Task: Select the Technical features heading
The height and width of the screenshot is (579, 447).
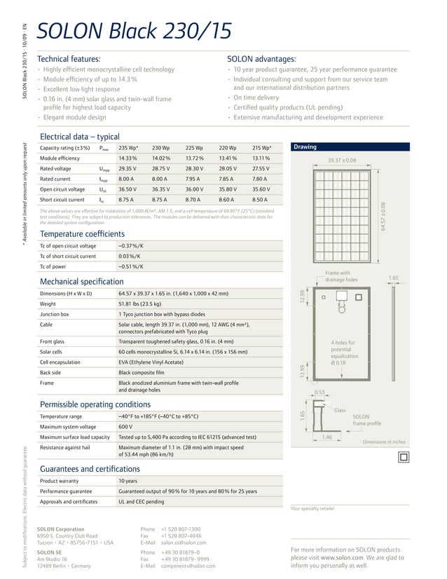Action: pos(68,59)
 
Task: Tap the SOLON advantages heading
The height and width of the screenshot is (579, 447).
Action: pos(261,59)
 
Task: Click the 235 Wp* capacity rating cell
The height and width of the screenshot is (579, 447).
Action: pos(128,148)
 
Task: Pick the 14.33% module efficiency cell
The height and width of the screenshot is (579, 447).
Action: pos(128,158)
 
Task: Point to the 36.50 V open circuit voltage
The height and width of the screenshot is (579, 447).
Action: pos(128,189)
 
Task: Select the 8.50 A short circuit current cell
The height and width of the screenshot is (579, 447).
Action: pos(260,200)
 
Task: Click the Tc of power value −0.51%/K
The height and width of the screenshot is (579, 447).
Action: pos(131,266)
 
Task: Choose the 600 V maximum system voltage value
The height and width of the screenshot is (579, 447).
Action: pos(125,426)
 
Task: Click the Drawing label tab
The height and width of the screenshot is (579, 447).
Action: pos(305,147)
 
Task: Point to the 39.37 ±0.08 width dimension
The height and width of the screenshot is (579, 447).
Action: pos(342,161)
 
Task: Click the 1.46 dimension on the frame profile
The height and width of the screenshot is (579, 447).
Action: pos(326,437)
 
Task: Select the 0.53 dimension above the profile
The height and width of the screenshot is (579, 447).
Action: pos(319,393)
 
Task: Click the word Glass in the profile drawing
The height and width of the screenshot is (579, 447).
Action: pos(340,410)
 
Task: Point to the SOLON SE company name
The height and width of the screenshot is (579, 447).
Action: pos(49,552)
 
